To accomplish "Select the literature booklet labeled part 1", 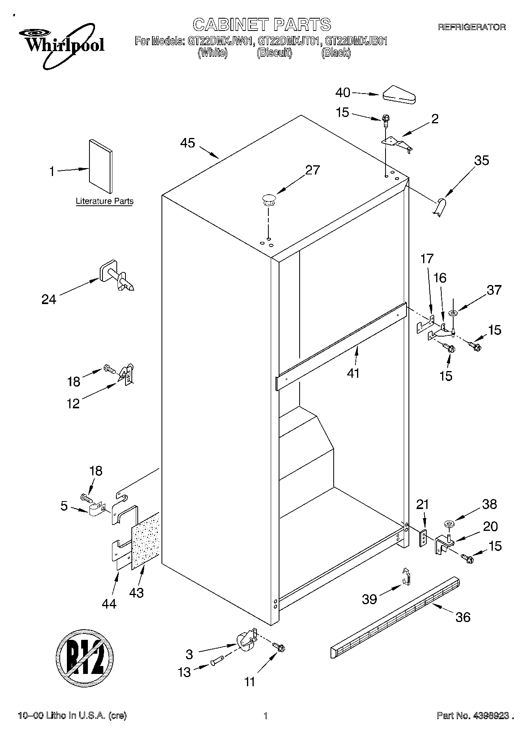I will pyautogui.click(x=101, y=163).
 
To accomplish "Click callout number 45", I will pyautogui.click(x=188, y=143).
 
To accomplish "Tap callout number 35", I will pyautogui.click(x=481, y=161).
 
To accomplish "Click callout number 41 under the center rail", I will pyautogui.click(x=353, y=373).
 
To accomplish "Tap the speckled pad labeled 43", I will pyautogui.click(x=145, y=541).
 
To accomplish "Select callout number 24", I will pyautogui.click(x=49, y=299).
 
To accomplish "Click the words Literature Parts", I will pyautogui.click(x=104, y=201).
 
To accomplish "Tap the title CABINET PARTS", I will pyautogui.click(x=262, y=25).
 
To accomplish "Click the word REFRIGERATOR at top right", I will pyautogui.click(x=471, y=27).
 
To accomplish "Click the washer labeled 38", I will pyautogui.click(x=449, y=524).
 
